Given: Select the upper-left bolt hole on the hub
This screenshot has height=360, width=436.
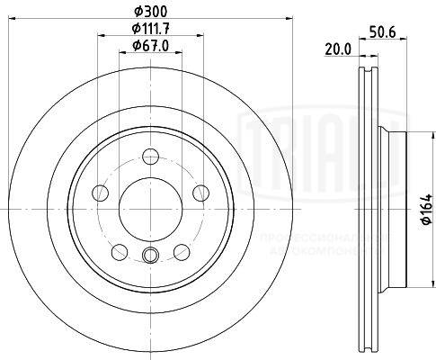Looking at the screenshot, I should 102,193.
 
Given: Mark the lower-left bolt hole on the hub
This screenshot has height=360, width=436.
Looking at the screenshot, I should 120,250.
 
